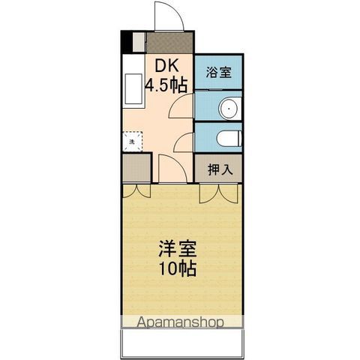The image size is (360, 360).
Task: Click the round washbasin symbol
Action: (x=229, y=108)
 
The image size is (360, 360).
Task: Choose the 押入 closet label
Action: (x=218, y=169)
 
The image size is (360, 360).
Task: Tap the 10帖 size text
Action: (x=177, y=268)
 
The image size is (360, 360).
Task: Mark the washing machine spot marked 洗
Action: (x=131, y=141)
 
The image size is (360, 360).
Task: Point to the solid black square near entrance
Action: (x=127, y=42)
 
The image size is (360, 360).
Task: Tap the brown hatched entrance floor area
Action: (x=169, y=41)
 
